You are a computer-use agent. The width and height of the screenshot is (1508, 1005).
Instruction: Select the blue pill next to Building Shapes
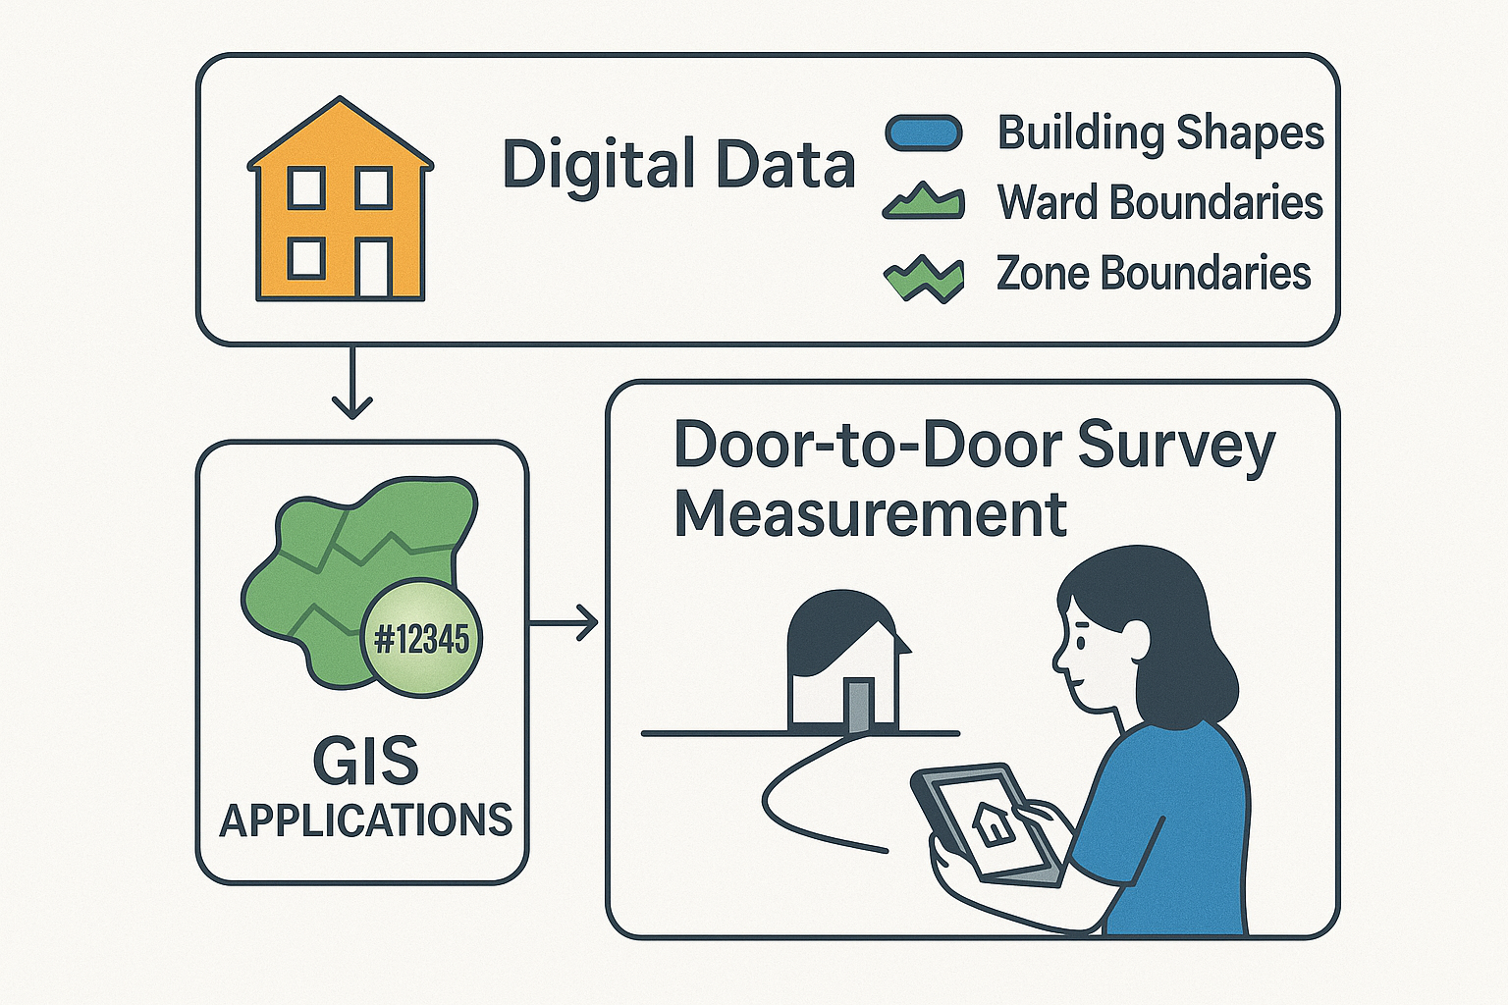coord(923,132)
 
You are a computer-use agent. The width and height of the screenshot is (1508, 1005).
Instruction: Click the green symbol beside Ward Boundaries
coord(924,201)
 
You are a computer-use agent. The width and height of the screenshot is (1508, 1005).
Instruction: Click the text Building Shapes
coord(1160,132)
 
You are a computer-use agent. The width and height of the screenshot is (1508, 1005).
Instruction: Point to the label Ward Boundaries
coord(1159,202)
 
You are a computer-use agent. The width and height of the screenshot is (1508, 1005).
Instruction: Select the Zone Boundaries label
coord(1154,273)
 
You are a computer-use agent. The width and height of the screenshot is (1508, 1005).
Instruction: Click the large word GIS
coord(366,761)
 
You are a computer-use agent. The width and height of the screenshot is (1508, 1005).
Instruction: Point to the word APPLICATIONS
coord(365,820)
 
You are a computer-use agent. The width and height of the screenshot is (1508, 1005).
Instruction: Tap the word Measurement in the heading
coord(870,513)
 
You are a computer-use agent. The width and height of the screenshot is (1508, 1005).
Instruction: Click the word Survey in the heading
coord(1175,447)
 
